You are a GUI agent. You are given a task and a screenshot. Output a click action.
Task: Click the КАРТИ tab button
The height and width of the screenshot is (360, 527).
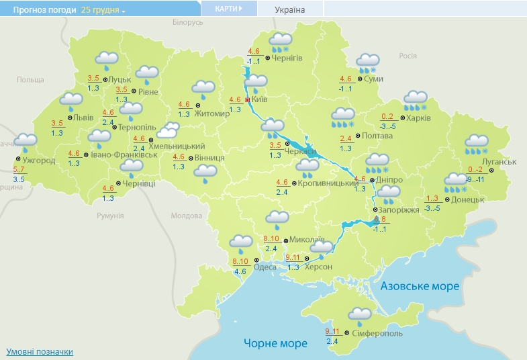(228, 9)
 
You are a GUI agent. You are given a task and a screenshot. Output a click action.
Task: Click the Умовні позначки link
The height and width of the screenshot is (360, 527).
(40, 352)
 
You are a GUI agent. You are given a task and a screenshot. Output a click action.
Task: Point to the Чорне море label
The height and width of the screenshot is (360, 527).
(275, 343)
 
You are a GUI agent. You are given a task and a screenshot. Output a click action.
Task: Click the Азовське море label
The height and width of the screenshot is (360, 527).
(420, 286)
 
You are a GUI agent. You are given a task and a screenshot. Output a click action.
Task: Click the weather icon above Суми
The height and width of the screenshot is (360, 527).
(367, 62)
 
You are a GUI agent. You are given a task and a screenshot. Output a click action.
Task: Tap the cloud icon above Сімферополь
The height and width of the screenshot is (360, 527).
(359, 314)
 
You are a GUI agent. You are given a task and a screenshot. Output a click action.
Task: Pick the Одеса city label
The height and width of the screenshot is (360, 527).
(265, 267)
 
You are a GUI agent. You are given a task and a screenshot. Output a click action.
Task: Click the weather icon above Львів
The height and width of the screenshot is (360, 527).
(70, 101)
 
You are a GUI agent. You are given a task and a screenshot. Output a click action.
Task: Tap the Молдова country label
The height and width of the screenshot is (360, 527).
(186, 216)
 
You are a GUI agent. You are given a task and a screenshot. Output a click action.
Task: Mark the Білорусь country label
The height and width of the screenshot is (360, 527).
(187, 22)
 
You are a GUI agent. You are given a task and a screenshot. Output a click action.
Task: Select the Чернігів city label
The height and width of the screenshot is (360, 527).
(287, 58)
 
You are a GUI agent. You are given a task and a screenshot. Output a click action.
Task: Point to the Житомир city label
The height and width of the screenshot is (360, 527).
(211, 114)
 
